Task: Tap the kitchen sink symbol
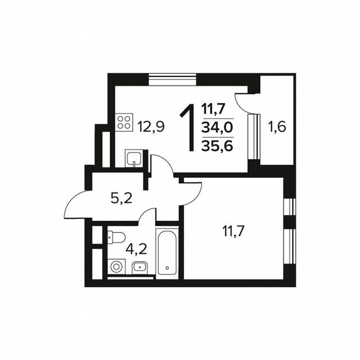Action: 133,159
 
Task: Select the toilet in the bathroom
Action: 116,237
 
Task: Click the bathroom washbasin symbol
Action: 139,267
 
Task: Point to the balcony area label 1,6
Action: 277,126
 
